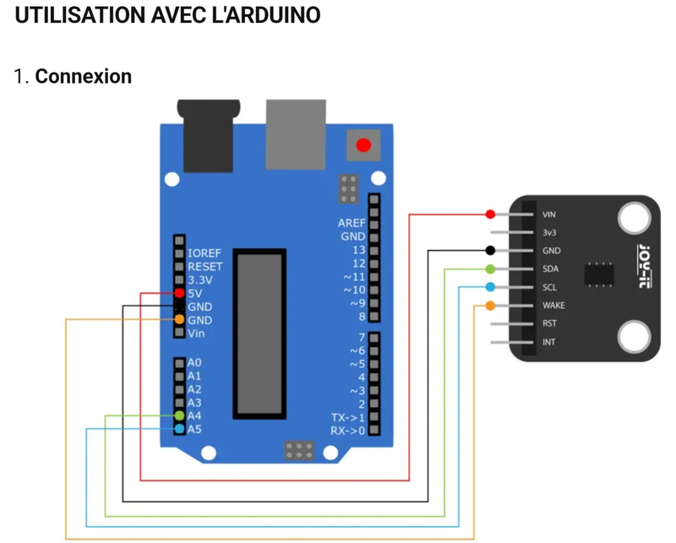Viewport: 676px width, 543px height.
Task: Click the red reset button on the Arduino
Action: (363, 145)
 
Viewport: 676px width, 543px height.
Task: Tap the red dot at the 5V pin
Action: (179, 293)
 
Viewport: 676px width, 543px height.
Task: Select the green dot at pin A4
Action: (179, 416)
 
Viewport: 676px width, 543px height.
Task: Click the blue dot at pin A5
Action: (179, 430)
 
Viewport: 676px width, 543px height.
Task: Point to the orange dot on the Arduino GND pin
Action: (179, 320)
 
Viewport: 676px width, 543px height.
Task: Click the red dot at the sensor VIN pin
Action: (490, 214)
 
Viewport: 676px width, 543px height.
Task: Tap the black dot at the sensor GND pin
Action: (490, 251)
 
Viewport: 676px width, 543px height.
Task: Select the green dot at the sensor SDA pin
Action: (490, 269)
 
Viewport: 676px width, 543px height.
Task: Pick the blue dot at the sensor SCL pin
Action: (490, 287)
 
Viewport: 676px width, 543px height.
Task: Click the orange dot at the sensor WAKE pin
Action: (490, 305)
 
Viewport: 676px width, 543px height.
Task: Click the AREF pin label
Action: (352, 223)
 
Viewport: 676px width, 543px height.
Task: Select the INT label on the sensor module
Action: (549, 342)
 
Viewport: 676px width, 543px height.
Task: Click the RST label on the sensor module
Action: (549, 323)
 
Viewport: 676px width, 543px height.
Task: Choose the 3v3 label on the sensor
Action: (549, 232)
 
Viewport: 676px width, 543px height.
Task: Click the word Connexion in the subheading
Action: (84, 76)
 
